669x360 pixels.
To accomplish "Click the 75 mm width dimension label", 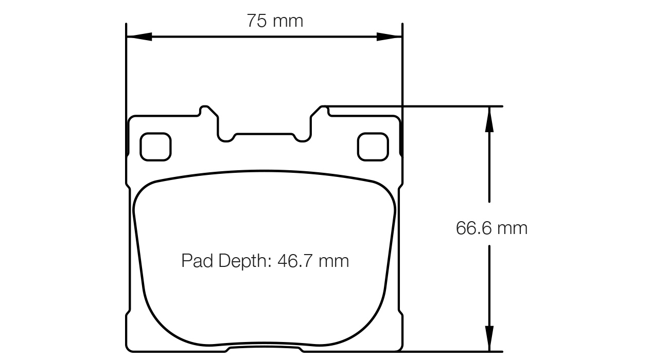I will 275,21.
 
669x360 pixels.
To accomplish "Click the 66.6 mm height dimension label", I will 491,228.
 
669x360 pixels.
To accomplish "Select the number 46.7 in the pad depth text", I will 295,261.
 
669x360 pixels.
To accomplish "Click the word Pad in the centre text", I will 197,261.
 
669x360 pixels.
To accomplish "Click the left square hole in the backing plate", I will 155,147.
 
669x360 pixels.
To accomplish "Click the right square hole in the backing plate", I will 373,147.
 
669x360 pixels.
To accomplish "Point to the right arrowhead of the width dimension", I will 390,37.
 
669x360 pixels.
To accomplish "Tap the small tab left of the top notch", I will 206,110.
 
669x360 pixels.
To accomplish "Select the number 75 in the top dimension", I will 257,21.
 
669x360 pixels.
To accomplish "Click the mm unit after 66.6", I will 512,228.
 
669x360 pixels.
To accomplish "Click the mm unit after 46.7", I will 333,261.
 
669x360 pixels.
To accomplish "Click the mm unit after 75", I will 288,21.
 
